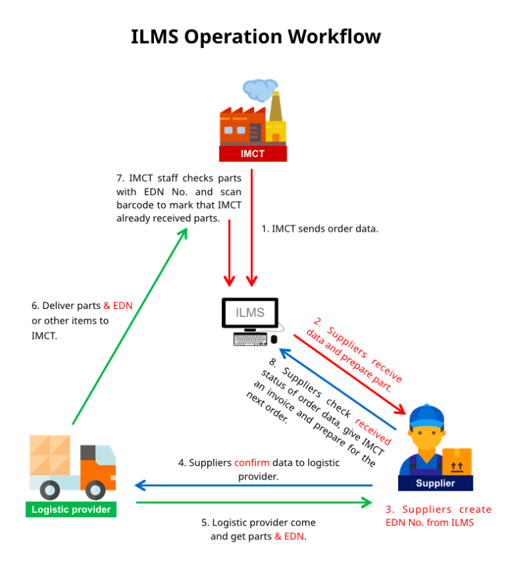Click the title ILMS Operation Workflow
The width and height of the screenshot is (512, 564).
[256, 36]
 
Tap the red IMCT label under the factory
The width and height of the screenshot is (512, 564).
[253, 154]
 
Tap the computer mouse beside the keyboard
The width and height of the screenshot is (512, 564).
[274, 340]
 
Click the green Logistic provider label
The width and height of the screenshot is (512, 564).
[71, 510]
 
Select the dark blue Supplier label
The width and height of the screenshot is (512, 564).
[435, 483]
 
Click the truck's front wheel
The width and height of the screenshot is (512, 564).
[95, 491]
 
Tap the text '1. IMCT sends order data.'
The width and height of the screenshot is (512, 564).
[320, 228]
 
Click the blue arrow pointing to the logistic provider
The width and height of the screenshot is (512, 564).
[253, 485]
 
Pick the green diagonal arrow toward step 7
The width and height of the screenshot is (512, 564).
[127, 326]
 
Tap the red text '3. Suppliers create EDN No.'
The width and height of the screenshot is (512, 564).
[438, 516]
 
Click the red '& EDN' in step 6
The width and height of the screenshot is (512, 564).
[118, 306]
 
